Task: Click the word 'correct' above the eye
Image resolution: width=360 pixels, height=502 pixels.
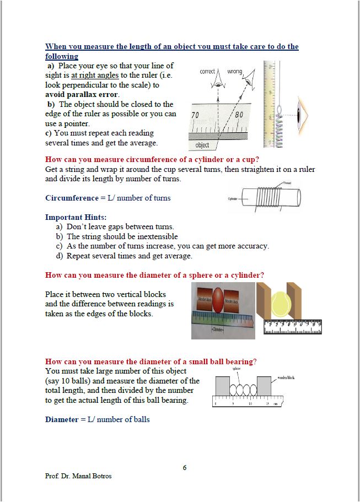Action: coord(208,72)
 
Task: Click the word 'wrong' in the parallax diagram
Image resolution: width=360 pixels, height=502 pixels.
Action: coord(235,72)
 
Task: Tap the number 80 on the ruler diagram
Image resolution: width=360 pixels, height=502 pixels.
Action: coord(239,115)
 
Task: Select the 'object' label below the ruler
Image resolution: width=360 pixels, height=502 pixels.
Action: coord(202,145)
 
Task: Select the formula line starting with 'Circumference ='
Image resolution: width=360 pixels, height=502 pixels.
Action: coord(108,198)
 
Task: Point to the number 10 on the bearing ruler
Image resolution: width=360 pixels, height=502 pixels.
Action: coord(250,404)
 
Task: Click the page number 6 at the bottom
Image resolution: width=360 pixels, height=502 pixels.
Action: coord(185,467)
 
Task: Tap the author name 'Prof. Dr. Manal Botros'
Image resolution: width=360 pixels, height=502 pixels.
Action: coord(78,476)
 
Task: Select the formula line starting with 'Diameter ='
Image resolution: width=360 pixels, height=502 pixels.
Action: coord(97,419)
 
